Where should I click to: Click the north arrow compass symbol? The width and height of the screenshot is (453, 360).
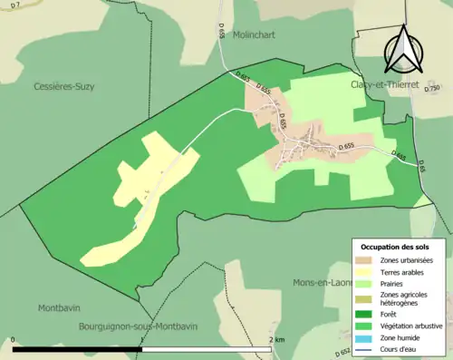pos(403,49)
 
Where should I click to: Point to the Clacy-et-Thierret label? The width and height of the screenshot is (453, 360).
pos(384,84)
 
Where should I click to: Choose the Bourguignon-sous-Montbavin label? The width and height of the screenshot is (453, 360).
pos(138,326)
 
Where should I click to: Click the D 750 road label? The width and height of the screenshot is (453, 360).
pos(432,88)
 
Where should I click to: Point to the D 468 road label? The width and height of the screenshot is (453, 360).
pos(399,156)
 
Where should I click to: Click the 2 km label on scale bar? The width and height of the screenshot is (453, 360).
pos(277,339)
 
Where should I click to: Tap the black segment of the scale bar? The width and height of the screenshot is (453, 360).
pos(77,349)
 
